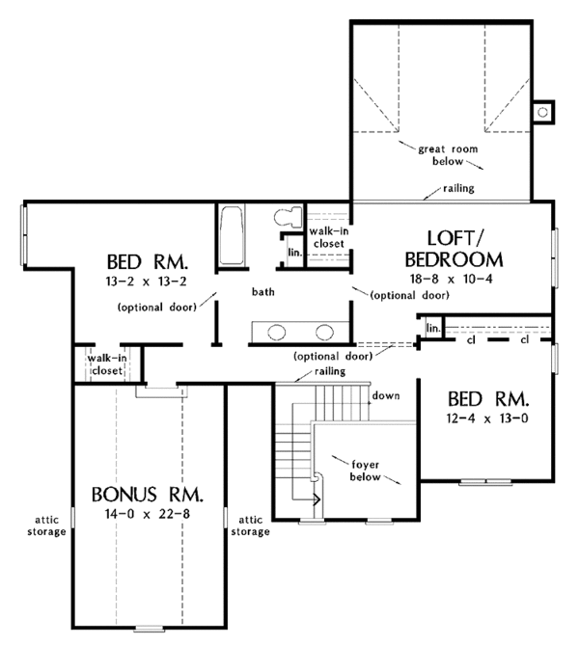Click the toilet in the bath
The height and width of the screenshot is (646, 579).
[x=289, y=217]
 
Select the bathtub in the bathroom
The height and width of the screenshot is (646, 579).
[x=232, y=235]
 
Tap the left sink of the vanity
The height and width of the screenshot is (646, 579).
[x=276, y=332]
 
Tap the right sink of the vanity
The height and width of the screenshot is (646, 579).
[x=324, y=332]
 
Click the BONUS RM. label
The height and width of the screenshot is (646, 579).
[x=148, y=495]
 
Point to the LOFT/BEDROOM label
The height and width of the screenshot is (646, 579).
[x=454, y=249]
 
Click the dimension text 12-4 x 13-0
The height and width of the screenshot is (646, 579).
[x=487, y=418]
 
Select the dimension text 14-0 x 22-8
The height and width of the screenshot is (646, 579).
[x=148, y=514]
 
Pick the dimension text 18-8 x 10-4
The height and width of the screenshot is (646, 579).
[x=452, y=279]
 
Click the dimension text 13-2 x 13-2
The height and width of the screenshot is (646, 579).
[x=147, y=282]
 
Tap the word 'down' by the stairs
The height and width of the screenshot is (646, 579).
[x=386, y=396]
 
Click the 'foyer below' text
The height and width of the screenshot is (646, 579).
[x=365, y=471]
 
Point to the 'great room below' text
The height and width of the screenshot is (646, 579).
[x=448, y=155]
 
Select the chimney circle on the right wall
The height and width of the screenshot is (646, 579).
[x=542, y=112]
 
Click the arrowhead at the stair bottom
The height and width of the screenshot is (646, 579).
[x=317, y=499]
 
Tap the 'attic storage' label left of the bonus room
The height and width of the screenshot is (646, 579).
[x=46, y=525]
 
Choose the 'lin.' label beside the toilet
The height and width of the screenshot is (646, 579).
[x=295, y=253]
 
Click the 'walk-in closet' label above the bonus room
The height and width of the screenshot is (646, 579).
[x=107, y=364]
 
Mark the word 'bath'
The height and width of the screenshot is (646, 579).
[x=263, y=292]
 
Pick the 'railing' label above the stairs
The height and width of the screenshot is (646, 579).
[x=330, y=371]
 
